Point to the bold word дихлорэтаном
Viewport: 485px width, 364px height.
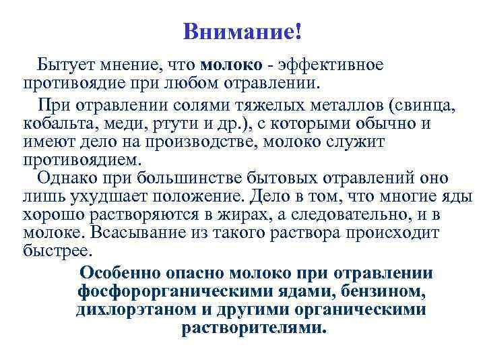pos(130,310)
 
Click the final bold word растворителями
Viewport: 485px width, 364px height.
pos(253,328)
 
